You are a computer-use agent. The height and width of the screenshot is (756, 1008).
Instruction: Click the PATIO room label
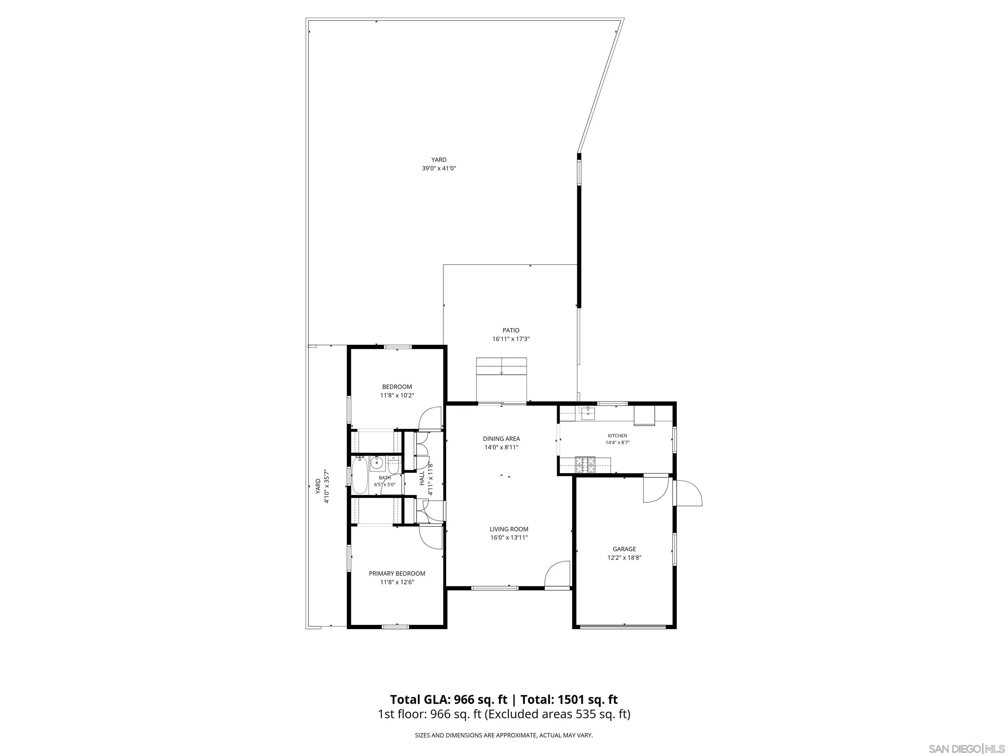pyautogui.click(x=511, y=330)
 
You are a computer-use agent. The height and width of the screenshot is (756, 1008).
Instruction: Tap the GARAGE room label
pyautogui.click(x=624, y=549)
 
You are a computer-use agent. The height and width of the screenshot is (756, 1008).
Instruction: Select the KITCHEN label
pyautogui.click(x=618, y=436)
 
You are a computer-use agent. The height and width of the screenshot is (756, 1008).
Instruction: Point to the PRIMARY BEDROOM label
pyautogui.click(x=397, y=574)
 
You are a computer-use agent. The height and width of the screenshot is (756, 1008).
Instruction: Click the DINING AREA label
pyautogui.click(x=501, y=439)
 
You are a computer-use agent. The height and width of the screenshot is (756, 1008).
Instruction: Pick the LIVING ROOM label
pyautogui.click(x=509, y=529)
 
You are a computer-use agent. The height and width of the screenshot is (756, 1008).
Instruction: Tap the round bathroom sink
pyautogui.click(x=377, y=463)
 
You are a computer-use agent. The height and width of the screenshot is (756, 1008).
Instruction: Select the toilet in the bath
pyautogui.click(x=393, y=465)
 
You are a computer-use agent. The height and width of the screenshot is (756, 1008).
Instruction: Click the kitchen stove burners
pyautogui.click(x=585, y=464)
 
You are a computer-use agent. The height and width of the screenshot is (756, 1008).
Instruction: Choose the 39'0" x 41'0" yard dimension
pyautogui.click(x=439, y=168)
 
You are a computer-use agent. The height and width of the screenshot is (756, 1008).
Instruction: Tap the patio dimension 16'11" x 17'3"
pyautogui.click(x=511, y=339)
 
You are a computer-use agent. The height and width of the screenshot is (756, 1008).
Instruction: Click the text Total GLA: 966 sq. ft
pyautogui.click(x=449, y=700)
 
